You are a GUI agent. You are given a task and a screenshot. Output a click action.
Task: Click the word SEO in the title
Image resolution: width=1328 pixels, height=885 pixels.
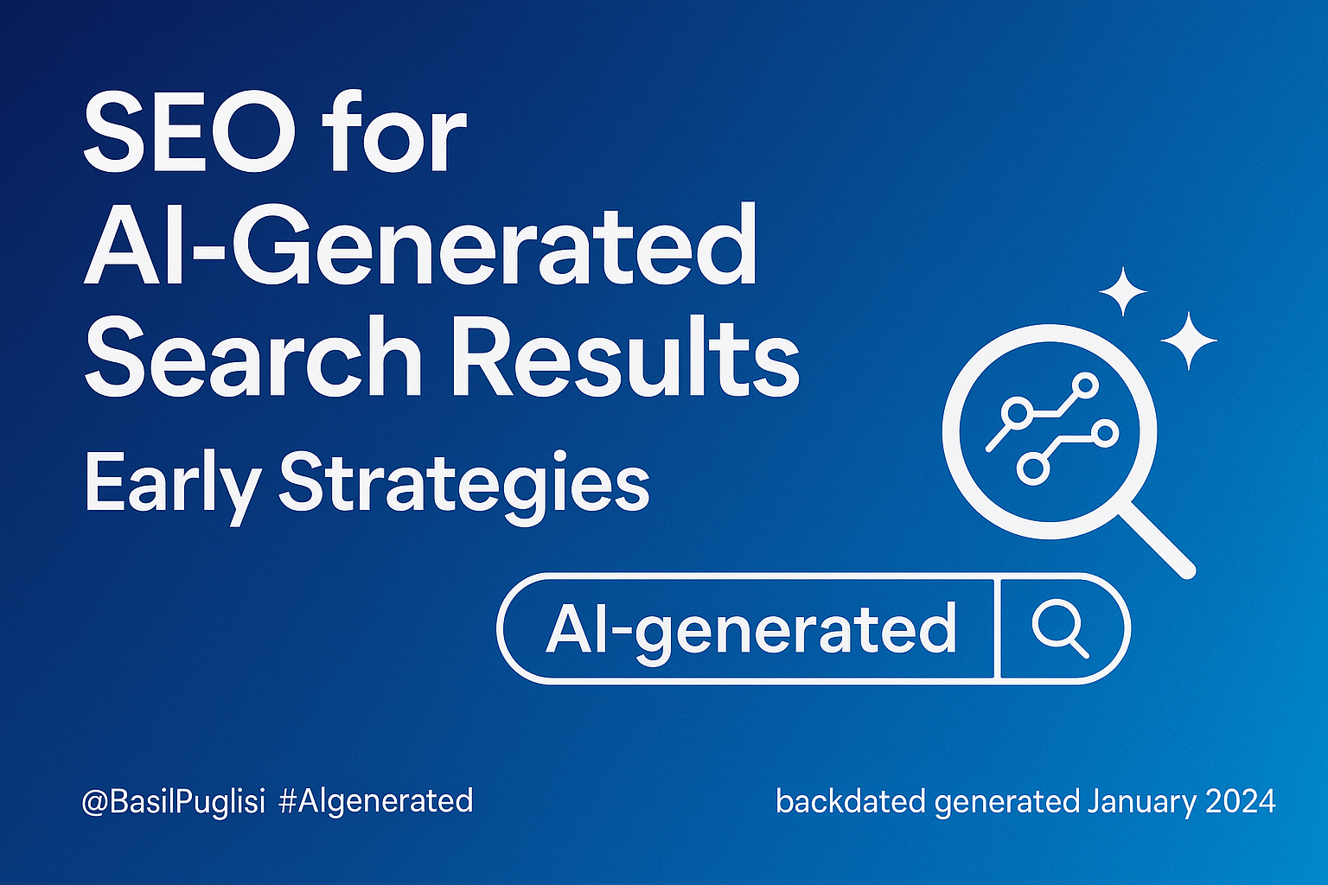(189, 133)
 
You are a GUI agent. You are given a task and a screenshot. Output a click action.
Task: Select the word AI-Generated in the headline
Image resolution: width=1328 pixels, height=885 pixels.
(420, 245)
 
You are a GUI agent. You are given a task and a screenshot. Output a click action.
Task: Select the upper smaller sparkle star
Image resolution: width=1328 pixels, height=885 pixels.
(1123, 291)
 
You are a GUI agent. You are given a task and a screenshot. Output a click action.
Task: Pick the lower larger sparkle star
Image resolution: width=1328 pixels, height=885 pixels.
(1189, 341)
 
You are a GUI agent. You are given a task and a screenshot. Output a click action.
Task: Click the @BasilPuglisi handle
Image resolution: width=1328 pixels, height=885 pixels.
(173, 801)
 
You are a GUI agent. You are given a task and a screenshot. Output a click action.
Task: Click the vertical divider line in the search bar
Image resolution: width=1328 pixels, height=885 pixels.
(997, 629)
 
